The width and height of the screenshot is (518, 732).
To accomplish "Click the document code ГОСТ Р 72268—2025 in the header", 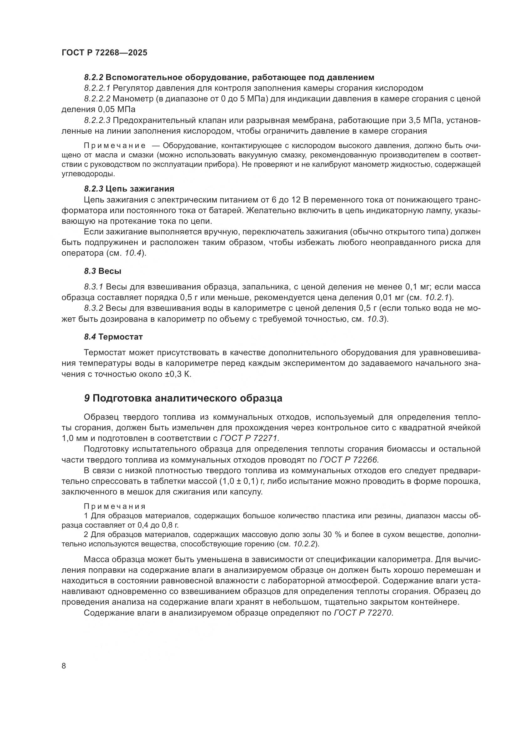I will tap(104, 53).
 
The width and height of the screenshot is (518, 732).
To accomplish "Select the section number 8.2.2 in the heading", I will tap(93, 78).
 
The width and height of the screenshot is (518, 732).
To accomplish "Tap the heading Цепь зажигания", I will tap(140, 189).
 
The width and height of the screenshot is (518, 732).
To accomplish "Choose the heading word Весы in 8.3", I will tap(110, 271).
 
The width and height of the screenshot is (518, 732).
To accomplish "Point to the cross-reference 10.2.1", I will tap(437, 297).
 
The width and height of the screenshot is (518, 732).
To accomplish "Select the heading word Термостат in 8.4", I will tap(121, 337).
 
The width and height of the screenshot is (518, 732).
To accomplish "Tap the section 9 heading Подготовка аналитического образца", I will tap(187, 398).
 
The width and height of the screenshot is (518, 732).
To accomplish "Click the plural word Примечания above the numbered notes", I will tap(115, 507).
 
